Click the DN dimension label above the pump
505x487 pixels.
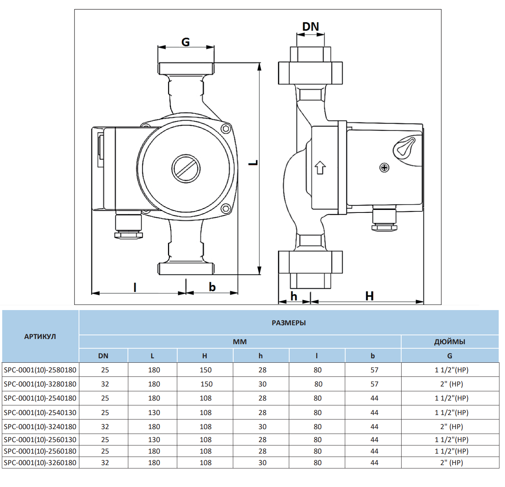coord(310,27)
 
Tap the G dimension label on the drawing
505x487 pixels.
coord(185,42)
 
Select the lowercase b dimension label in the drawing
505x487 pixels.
coord(212,287)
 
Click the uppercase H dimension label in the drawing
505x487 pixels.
coord(369,296)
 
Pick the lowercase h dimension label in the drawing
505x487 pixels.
coord(294,296)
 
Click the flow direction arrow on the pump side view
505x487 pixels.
coord(320,168)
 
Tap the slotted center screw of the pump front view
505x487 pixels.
coord(186,168)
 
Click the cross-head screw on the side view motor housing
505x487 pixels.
coord(384,168)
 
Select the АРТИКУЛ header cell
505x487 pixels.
coord(40,336)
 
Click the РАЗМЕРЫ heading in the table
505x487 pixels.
coord(288,323)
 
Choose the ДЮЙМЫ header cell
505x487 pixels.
coord(449,342)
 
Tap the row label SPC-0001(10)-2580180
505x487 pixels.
coord(40,370)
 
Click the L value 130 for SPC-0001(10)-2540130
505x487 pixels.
coord(154,412)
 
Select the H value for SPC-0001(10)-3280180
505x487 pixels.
coord(207,384)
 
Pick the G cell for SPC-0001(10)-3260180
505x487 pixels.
coord(451,463)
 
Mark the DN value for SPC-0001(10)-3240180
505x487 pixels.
coord(105,427)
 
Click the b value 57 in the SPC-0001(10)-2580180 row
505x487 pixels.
coord(374,370)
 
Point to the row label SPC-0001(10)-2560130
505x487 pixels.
coord(40,440)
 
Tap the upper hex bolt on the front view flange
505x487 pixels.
coord(225,129)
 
